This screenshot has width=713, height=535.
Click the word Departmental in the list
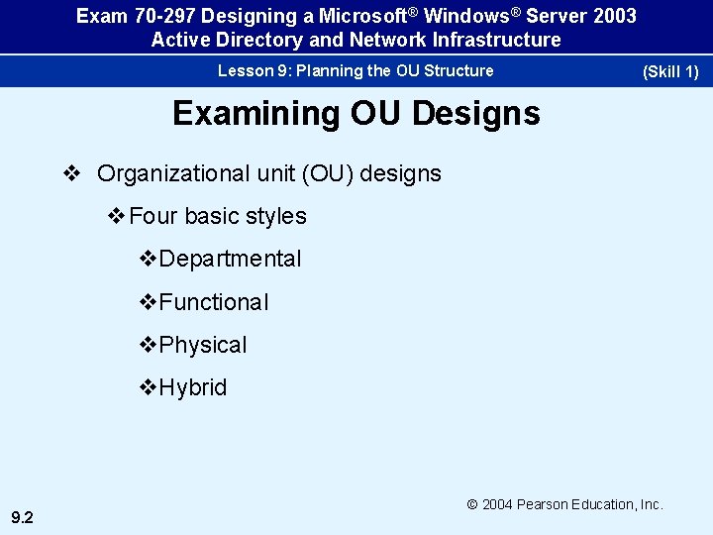pyautogui.click(x=230, y=260)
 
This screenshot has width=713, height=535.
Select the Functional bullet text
pyautogui.click(x=213, y=302)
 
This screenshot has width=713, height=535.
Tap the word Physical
pyautogui.click(x=203, y=345)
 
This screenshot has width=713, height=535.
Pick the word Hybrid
pyautogui.click(x=192, y=387)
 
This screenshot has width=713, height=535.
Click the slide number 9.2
pyautogui.click(x=22, y=516)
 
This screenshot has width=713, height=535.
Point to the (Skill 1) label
pyautogui.click(x=670, y=71)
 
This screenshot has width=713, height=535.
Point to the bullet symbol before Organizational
pyautogui.click(x=70, y=173)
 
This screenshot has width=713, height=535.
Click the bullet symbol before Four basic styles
pyautogui.click(x=117, y=216)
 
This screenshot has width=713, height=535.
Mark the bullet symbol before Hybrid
pyautogui.click(x=149, y=387)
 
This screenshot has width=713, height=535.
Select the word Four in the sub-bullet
pyautogui.click(x=152, y=216)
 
